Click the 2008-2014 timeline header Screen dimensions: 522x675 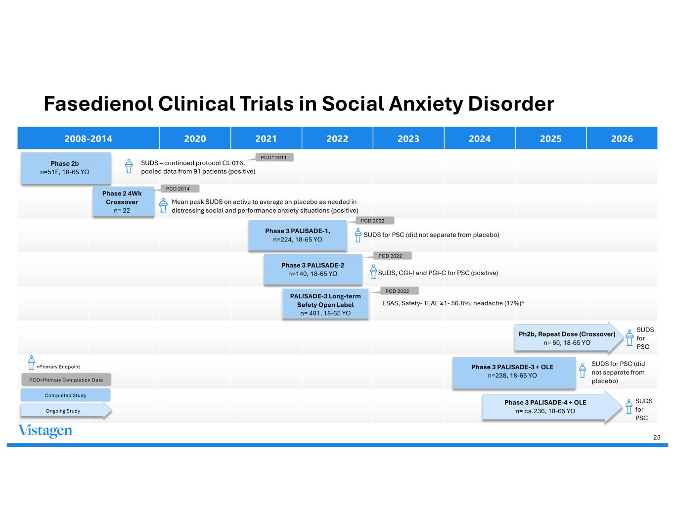point(88,139)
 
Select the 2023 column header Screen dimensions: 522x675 point(408,139)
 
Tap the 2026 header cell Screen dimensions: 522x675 point(622,139)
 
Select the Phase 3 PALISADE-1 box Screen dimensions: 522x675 point(297,235)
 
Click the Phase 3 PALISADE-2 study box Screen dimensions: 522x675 point(313,269)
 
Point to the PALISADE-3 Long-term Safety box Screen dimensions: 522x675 point(325,304)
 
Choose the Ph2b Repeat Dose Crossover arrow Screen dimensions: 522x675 point(567,338)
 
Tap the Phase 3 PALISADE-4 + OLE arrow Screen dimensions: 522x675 point(545,407)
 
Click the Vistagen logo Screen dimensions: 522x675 point(45,431)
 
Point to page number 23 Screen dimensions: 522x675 point(657,437)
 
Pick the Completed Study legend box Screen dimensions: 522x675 point(65,395)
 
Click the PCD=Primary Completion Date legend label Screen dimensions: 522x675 point(66,380)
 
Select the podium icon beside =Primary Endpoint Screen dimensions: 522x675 point(31,363)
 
